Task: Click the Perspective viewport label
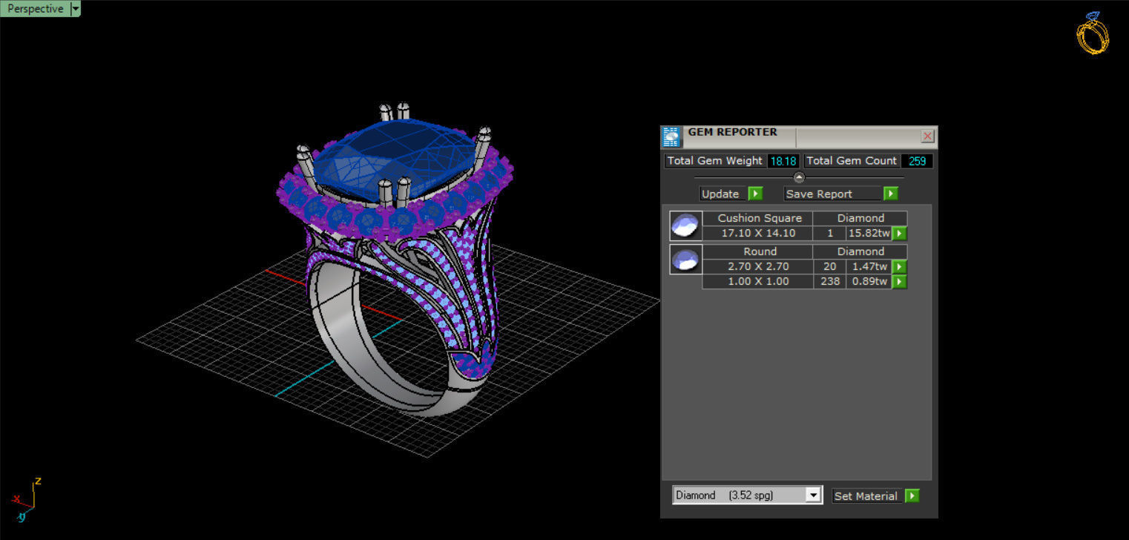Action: [35, 9]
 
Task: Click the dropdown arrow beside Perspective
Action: [75, 9]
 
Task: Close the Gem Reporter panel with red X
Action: [927, 136]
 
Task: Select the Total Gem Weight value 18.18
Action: [783, 161]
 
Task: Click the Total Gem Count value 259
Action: [917, 161]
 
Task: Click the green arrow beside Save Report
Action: [891, 194]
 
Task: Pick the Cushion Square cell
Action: [759, 218]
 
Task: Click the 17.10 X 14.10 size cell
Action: [758, 233]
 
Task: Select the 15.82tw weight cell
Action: [868, 233]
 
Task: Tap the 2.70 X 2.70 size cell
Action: [758, 266]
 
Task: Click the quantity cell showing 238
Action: [829, 281]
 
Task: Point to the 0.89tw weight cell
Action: [868, 281]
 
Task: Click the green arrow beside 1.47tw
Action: [899, 266]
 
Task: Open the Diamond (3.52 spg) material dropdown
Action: [814, 495]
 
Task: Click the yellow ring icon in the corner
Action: [1093, 33]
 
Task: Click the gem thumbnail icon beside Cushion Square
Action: [685, 225]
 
